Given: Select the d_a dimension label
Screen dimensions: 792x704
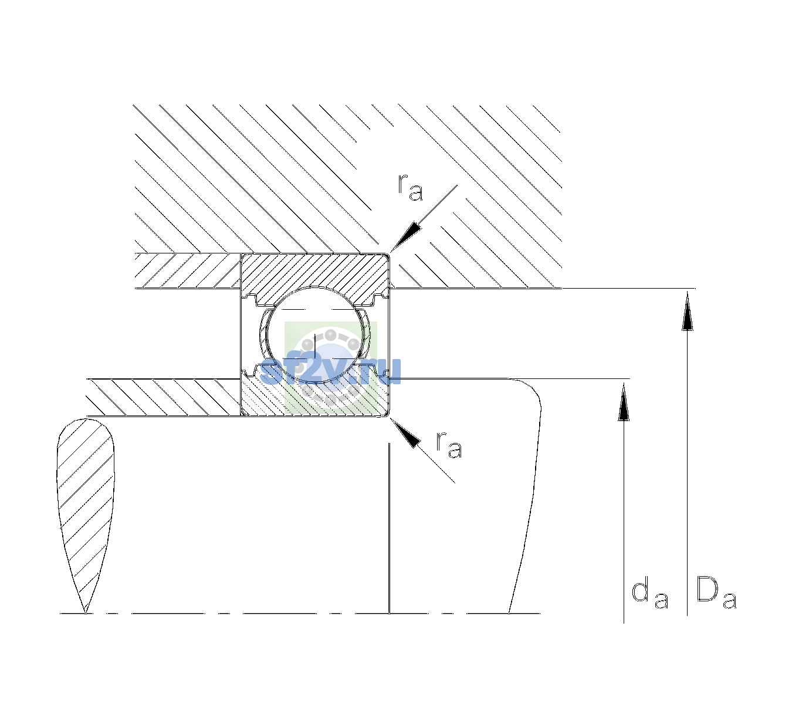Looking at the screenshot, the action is coord(649,592).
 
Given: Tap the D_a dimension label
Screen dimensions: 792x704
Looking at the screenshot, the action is coord(716,592).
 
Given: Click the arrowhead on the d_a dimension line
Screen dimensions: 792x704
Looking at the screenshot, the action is coord(624,402).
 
